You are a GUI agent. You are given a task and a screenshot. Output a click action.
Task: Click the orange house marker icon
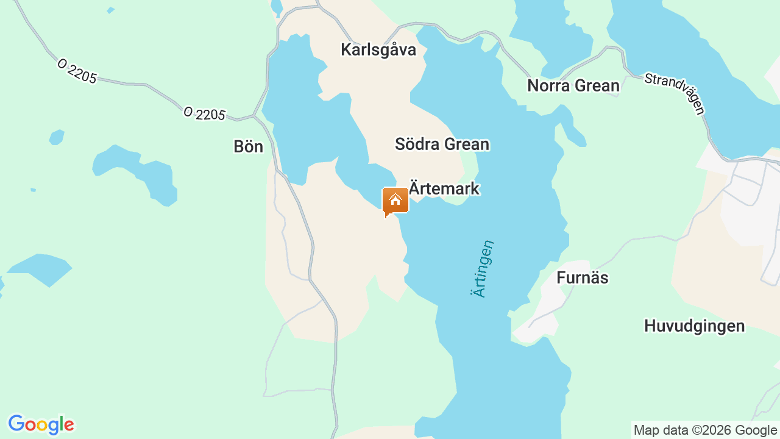[x=395, y=201]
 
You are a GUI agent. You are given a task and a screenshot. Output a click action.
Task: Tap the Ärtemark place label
[x=444, y=188]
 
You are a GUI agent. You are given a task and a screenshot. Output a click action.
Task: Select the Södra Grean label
[x=442, y=144]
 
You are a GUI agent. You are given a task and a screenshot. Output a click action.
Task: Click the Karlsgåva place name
[x=378, y=49]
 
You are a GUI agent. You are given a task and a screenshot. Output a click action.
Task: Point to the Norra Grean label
[x=573, y=85]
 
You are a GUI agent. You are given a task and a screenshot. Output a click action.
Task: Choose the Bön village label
[x=248, y=146]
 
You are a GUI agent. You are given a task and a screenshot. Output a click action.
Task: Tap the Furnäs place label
[x=582, y=277]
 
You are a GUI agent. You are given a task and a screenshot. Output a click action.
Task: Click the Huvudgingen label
[x=694, y=326]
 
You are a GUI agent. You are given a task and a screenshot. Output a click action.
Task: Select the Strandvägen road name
[x=675, y=93]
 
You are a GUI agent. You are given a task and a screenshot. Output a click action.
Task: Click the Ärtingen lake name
[x=482, y=269]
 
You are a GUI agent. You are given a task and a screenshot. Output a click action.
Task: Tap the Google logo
[x=41, y=424]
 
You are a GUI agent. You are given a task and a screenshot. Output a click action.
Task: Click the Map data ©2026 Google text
[x=705, y=430]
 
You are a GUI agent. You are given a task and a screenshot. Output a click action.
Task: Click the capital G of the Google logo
[x=16, y=424]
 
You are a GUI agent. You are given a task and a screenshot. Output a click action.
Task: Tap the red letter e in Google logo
[x=68, y=425]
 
